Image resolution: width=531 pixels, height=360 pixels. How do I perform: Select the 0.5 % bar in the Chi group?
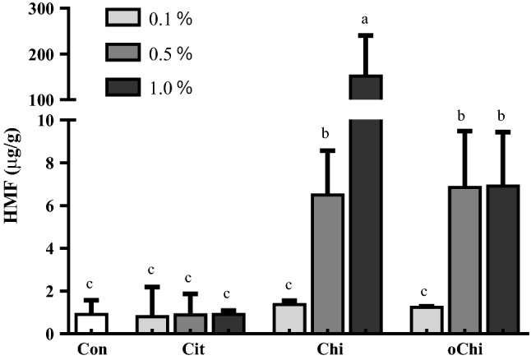point(328,263)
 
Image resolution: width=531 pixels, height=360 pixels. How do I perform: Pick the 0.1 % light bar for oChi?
point(427,320)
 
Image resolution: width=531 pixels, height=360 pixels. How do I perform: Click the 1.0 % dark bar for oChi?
point(502,259)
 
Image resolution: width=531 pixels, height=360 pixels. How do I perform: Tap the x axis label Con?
point(92,348)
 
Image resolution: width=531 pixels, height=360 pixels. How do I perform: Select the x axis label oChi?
point(464,348)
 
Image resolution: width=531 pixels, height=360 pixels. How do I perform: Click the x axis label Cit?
point(191,348)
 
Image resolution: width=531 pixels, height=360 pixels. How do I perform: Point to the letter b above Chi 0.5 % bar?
point(328,133)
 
